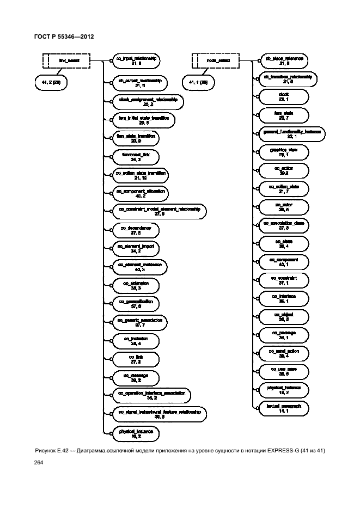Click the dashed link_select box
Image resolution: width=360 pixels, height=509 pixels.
coord(66,60)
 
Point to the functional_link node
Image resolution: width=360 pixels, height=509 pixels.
coord(134,157)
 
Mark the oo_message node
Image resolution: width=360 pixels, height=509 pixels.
coord(134,377)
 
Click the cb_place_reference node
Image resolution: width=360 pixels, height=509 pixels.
coord(283,60)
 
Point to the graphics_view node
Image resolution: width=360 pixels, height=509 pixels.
coord(283,152)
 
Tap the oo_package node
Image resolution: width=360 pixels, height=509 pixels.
coord(283,334)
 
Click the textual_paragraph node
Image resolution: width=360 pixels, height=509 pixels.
coord(283,408)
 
